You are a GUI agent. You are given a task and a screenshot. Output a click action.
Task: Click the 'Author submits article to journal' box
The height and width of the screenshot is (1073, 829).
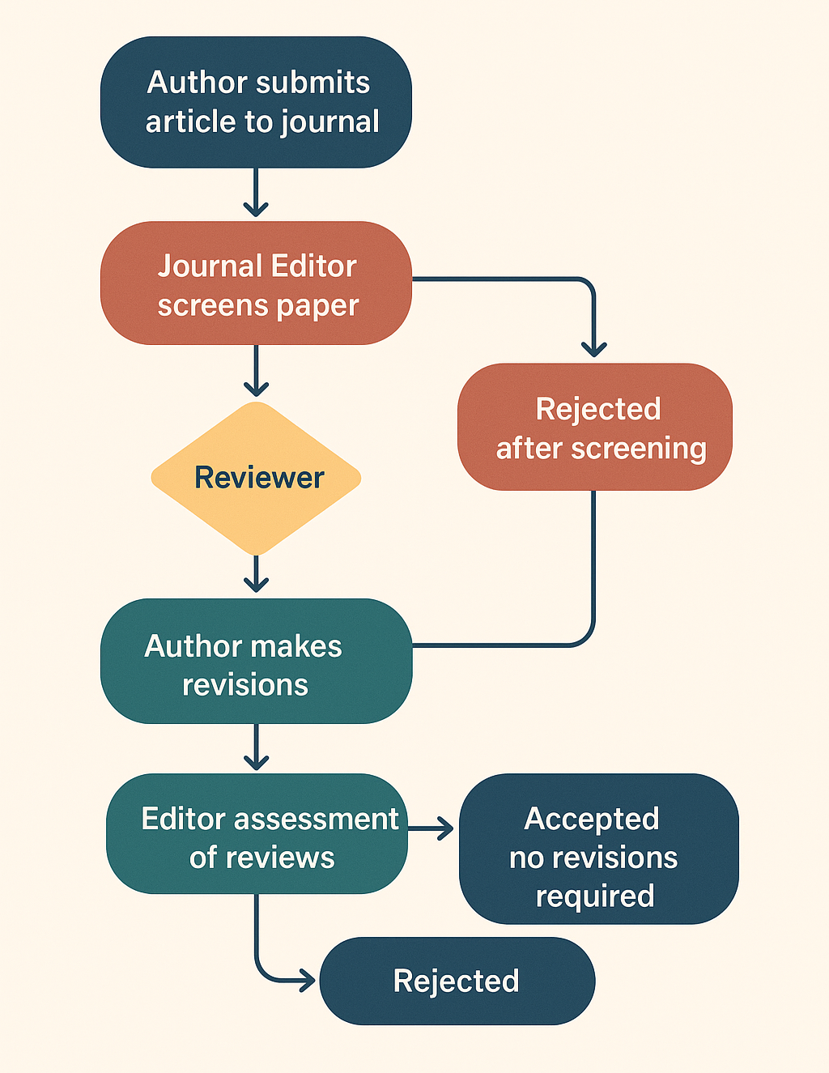coord(256,102)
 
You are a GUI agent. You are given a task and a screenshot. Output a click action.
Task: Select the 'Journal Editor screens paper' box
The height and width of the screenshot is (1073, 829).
coord(256,283)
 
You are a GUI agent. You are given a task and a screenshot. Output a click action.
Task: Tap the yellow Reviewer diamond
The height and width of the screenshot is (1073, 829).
coord(256,478)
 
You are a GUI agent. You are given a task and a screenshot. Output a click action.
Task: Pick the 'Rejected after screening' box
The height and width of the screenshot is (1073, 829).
coord(595,427)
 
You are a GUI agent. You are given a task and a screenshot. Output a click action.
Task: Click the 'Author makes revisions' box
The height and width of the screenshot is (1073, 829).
coord(256,661)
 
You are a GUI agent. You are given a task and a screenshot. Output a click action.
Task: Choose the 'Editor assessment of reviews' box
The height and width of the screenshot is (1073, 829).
coord(256,834)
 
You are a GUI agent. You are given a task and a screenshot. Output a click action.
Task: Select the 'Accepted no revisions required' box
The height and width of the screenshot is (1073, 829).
coord(598,849)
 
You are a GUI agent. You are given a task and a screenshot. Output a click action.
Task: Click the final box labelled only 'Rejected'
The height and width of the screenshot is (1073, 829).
coord(457,981)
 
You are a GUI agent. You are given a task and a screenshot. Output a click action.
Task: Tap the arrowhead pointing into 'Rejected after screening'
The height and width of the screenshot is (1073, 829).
coord(594,349)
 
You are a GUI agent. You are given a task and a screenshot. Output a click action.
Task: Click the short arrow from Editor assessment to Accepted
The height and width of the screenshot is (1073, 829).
coord(432,828)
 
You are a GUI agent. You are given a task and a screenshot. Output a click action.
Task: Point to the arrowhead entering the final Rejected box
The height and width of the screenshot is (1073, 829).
coord(307,981)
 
